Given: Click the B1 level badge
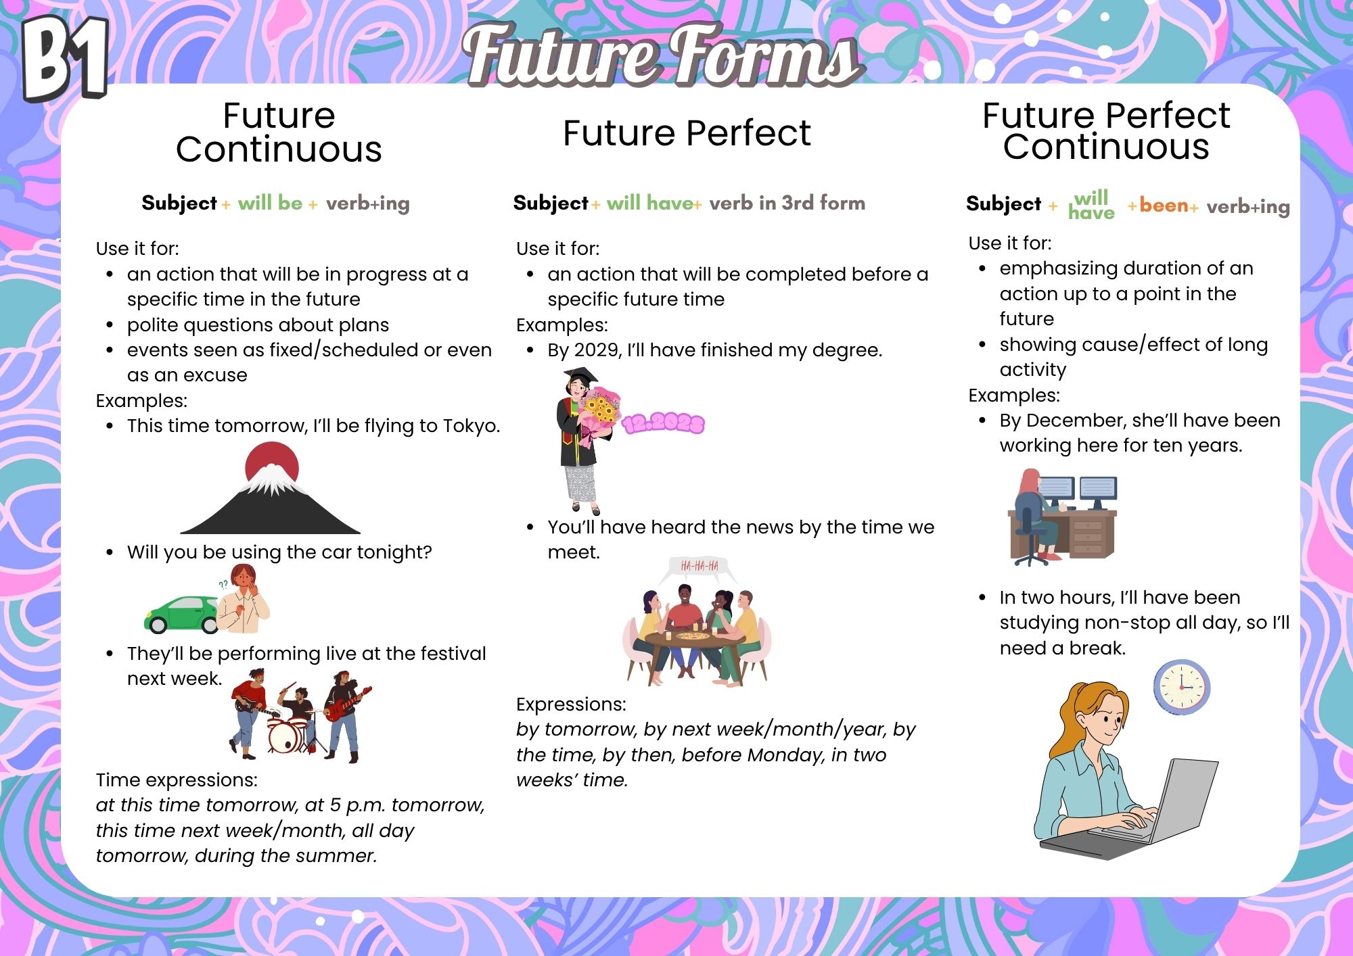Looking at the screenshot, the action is tap(66, 59).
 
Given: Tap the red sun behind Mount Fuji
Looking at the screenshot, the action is tap(272, 460).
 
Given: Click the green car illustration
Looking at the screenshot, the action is tap(181, 614).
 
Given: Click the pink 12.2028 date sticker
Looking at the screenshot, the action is tap(663, 423).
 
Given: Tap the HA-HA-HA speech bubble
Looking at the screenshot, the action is tap(700, 568).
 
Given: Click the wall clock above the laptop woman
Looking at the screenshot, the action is tap(1181, 686).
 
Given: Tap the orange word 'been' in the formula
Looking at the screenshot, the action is tap(1164, 205).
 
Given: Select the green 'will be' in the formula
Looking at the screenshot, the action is tap(270, 203).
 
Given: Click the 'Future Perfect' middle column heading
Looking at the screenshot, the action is tap(687, 133).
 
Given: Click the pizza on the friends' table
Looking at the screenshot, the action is tap(693, 636).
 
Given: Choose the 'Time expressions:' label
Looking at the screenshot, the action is tap(177, 780).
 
